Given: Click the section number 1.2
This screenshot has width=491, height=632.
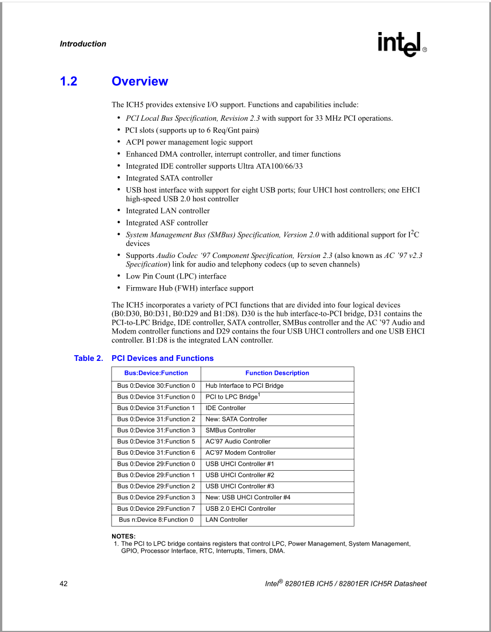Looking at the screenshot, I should click(69, 81).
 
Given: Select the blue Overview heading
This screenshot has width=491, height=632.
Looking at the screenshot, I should click(140, 81).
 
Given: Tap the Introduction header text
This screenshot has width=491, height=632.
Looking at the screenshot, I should click(83, 44).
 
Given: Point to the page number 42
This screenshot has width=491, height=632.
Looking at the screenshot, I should click(63, 584).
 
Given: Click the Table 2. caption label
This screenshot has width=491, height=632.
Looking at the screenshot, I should click(89, 358).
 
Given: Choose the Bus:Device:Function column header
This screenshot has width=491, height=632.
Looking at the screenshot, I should click(156, 373).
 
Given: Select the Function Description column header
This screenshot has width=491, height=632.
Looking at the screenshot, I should click(277, 373).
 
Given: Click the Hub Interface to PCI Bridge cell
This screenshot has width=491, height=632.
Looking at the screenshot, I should click(245, 385).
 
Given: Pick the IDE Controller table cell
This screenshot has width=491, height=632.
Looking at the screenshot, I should click(226, 408).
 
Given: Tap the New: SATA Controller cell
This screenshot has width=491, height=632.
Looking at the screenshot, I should click(236, 419).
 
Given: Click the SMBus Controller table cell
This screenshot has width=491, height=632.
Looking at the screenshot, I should click(231, 430).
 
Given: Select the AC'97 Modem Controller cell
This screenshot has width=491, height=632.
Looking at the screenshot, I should click(241, 452).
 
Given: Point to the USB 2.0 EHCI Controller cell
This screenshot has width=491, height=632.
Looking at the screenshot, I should click(241, 508).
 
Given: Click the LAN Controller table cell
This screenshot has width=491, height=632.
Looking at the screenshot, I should click(227, 520).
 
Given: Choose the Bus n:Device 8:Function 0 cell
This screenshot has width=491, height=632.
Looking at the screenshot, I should click(156, 520).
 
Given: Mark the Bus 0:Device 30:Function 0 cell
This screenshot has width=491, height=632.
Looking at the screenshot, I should click(156, 385).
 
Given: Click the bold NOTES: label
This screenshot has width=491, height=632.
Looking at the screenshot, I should click(123, 536).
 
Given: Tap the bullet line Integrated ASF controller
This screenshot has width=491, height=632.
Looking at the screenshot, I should click(167, 223).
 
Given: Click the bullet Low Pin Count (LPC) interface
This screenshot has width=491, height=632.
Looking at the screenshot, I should click(176, 276).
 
